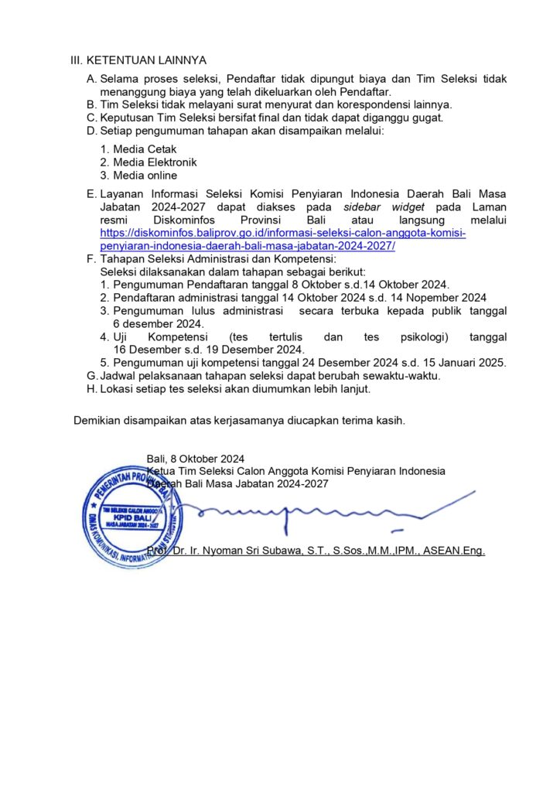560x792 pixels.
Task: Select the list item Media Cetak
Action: pyautogui.click(x=145, y=149)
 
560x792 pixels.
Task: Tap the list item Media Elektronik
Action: pyautogui.click(x=155, y=162)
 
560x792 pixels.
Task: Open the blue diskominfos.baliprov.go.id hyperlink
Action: pyautogui.click(x=283, y=240)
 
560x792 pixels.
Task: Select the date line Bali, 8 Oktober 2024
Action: pyautogui.click(x=195, y=458)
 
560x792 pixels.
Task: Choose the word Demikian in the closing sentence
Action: pyautogui.click(x=98, y=421)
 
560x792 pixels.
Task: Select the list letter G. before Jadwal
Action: pyautogui.click(x=92, y=376)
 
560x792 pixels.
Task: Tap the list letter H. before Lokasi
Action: pyautogui.click(x=92, y=389)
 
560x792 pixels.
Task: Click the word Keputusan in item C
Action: pyautogui.click(x=127, y=118)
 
